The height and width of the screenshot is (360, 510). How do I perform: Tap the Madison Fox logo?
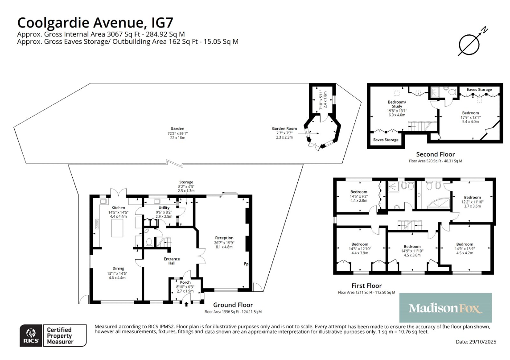coord(445,308)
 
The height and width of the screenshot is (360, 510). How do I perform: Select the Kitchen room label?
coord(118,208)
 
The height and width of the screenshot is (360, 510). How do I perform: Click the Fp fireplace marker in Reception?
coord(246,264)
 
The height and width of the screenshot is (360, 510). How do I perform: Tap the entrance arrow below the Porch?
coord(186,304)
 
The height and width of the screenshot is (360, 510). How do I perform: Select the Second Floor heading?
coord(436,154)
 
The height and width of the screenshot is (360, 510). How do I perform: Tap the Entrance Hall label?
coord(172,261)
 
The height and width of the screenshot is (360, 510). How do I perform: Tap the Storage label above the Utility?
coord(186,182)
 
